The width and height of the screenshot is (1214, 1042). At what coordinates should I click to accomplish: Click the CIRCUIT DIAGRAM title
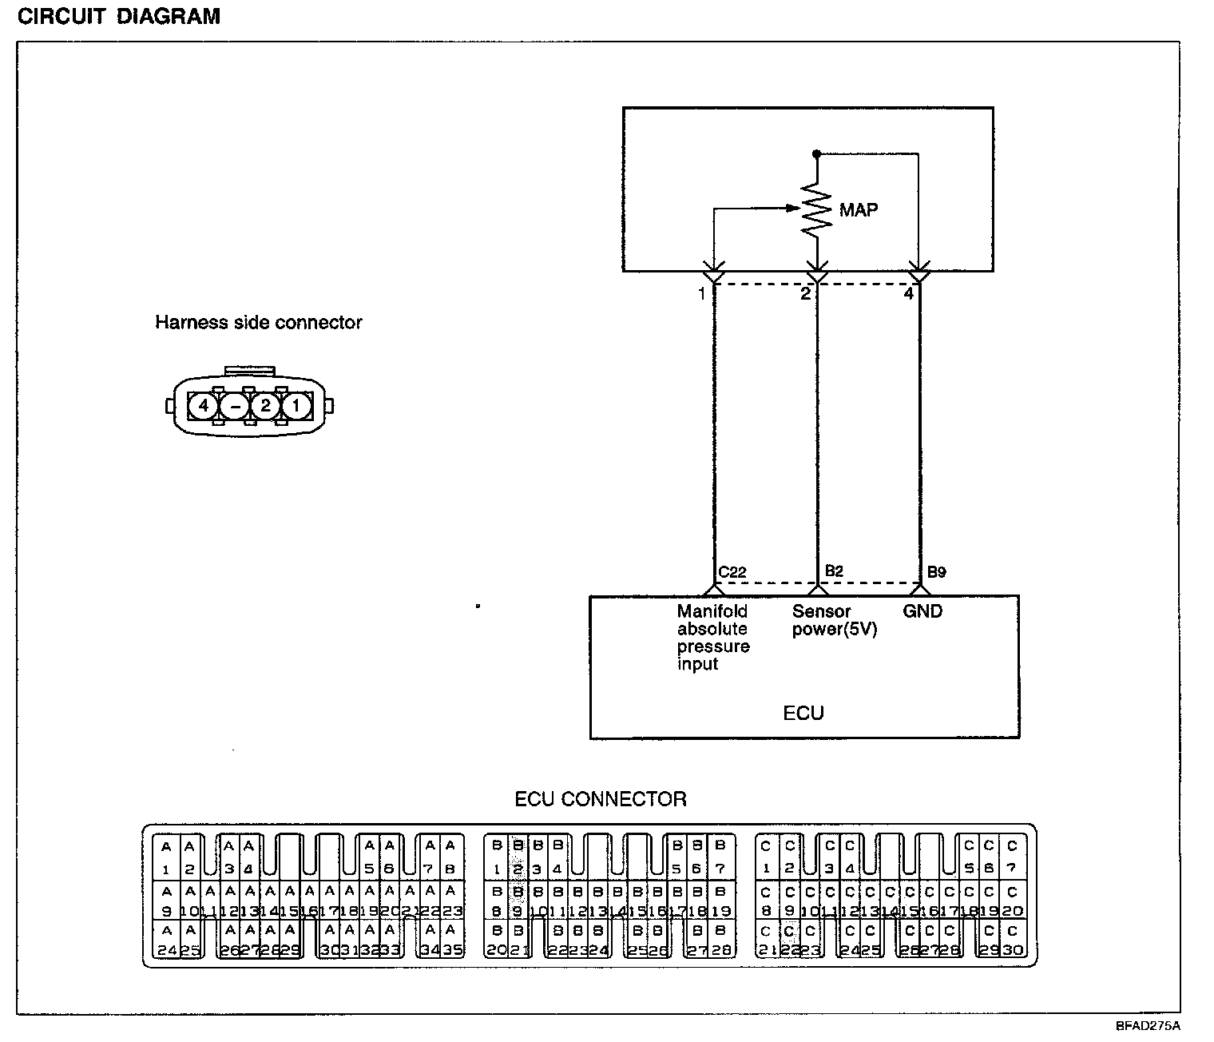118,17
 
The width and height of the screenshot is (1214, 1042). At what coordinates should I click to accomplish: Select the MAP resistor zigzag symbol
815,209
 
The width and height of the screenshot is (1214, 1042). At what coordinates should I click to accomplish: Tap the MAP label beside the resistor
859,211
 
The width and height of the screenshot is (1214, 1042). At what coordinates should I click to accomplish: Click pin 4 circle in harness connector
204,406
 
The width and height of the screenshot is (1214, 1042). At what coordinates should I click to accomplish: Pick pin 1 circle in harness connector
296,406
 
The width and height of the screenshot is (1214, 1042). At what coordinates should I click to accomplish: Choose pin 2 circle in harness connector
265,406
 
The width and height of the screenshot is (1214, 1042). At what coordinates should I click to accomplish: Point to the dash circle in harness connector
235,406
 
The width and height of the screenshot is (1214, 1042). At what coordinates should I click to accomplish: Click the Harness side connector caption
258,323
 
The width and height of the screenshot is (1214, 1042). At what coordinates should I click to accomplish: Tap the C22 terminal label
732,572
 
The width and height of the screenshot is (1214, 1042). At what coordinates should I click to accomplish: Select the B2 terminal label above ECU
834,571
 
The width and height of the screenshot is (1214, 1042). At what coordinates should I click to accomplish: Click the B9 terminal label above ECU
937,572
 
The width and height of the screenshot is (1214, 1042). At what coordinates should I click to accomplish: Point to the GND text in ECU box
922,611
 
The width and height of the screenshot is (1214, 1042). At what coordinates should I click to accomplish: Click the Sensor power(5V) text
835,621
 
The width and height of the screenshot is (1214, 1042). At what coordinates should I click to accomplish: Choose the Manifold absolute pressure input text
712,638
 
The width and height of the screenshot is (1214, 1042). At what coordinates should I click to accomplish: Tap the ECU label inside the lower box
803,713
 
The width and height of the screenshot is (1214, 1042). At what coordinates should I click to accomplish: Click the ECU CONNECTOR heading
601,799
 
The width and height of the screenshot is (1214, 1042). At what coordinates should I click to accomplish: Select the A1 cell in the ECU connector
166,857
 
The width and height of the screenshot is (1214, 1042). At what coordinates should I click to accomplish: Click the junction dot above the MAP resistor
815,153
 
